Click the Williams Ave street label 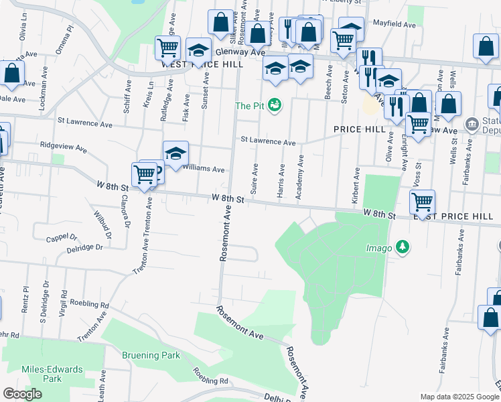click(x=203, y=170)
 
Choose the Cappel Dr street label click(x=62, y=238)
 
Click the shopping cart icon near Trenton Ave click(x=145, y=176)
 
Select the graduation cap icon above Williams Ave click(x=175, y=153)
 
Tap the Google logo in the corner click(x=22, y=394)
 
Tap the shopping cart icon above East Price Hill click(x=423, y=200)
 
